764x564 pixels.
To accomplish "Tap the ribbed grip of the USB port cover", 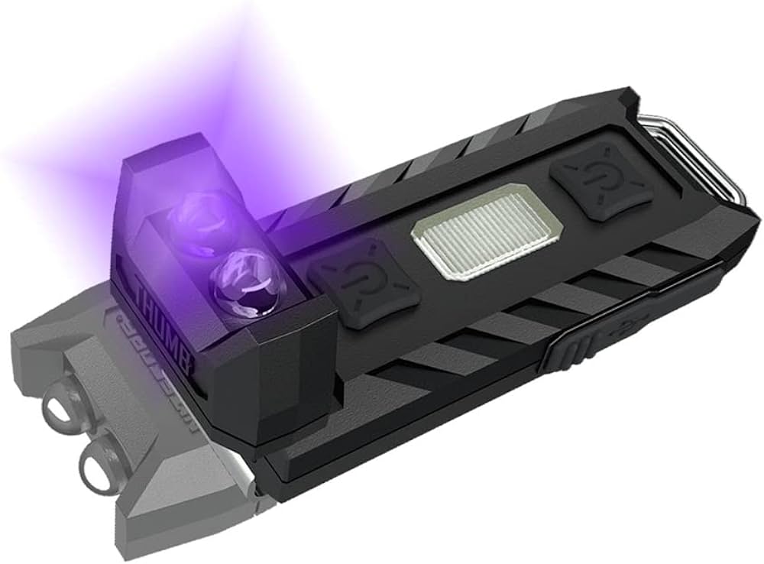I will click(x=569, y=349).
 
